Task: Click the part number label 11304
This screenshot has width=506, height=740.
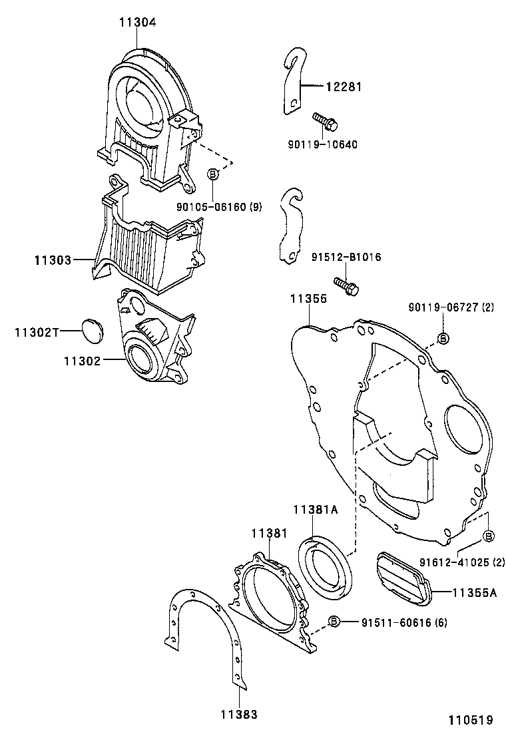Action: click(138, 22)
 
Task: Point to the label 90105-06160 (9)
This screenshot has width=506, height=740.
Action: click(219, 207)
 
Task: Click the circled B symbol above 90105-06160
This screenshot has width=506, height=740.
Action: click(213, 174)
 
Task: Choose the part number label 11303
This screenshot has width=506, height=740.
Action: click(53, 259)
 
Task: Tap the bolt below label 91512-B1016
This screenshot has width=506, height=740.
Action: click(347, 286)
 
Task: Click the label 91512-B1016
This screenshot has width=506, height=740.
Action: click(346, 257)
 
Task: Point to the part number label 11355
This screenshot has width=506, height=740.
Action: click(308, 299)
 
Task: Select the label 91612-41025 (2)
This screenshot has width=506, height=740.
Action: click(461, 563)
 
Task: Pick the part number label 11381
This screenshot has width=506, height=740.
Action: click(269, 533)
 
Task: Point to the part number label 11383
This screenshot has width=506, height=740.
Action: click(239, 714)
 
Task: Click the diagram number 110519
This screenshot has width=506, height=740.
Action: click(470, 720)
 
